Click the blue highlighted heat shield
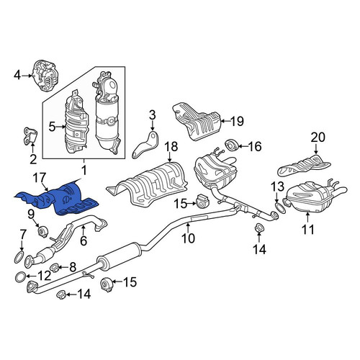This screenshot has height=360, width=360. tap(60, 199)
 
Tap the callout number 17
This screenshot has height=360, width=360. tap(40, 178)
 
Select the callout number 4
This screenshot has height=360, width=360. tap(17, 76)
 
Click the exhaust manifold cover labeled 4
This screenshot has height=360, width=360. tap(46, 76)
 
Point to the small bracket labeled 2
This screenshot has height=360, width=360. tap(30, 136)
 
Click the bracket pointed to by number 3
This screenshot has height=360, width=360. tap(146, 145)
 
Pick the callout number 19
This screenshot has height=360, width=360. tap(237, 121)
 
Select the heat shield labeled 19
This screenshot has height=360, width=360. tap(197, 122)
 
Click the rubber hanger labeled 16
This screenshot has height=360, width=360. tap(231, 145)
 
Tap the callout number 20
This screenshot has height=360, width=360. tap(318, 138)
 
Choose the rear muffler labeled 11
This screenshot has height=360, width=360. tap(315, 197)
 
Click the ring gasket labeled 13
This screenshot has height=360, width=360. tap(280, 208)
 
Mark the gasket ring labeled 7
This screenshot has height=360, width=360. tap(19, 257)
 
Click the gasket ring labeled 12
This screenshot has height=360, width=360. tap(21, 277)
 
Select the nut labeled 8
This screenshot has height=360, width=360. tap(55, 266)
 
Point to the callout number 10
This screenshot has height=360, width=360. tap(189, 238)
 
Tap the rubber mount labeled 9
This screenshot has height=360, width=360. tap(43, 231)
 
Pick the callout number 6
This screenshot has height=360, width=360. tap(84, 240)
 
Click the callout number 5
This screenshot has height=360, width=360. tap(52, 127)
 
